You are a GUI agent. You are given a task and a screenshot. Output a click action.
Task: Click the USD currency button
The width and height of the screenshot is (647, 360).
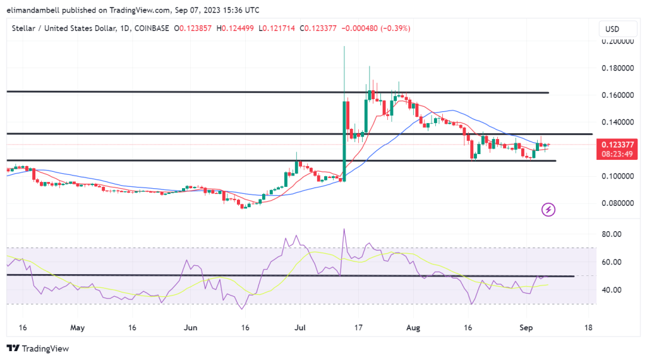click(612, 29)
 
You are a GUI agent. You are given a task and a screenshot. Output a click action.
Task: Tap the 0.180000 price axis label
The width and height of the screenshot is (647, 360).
click(619, 68)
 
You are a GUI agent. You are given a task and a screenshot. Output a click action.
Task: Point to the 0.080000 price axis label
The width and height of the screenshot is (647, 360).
click(619, 203)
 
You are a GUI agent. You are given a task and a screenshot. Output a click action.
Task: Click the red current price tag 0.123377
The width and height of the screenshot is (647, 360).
click(619, 145)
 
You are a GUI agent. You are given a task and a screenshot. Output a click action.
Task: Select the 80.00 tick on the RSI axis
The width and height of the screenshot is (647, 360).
click(614, 234)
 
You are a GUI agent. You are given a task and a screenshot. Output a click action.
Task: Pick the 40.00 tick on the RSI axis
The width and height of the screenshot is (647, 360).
click(614, 291)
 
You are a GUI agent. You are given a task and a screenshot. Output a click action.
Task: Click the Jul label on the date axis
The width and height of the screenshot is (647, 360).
click(299, 328)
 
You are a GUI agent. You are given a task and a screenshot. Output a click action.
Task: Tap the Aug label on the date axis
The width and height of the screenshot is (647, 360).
click(412, 328)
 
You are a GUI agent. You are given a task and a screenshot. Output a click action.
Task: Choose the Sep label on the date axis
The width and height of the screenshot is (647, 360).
click(526, 328)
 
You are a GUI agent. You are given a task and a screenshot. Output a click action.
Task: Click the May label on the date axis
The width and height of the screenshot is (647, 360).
click(77, 328)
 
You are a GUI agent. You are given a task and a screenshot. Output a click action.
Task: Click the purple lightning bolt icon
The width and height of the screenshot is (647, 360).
click(548, 209)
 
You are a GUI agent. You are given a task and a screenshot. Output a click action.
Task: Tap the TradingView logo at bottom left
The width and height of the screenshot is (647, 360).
click(38, 349)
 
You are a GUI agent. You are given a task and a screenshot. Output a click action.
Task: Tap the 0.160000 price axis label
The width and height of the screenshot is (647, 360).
click(619, 95)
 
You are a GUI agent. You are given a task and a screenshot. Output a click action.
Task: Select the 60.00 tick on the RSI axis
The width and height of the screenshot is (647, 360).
click(614, 262)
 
